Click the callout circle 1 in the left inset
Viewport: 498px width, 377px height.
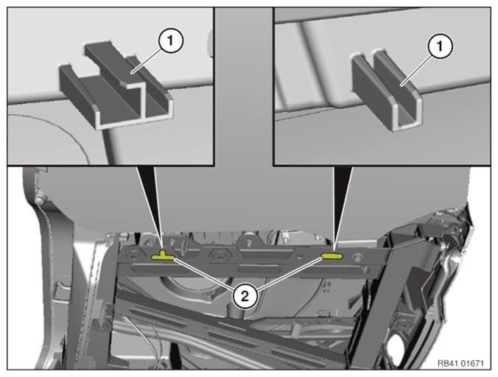(x=171, y=40)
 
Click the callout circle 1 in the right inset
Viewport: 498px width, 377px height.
(x=440, y=46)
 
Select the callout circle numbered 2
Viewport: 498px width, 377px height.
(x=245, y=297)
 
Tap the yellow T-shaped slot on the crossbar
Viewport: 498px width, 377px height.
(x=163, y=256)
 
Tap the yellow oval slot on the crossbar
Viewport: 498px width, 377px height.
(x=332, y=256)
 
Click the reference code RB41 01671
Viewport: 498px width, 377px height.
(x=460, y=363)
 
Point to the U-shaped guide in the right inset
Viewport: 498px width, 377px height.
(x=387, y=90)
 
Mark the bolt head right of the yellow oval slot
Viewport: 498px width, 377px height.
(x=358, y=258)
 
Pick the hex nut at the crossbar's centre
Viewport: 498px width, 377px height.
(x=220, y=256)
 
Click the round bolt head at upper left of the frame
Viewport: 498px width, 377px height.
(x=39, y=200)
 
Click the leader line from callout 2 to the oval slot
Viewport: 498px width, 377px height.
(x=288, y=274)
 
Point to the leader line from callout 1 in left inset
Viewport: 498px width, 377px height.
(x=147, y=60)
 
